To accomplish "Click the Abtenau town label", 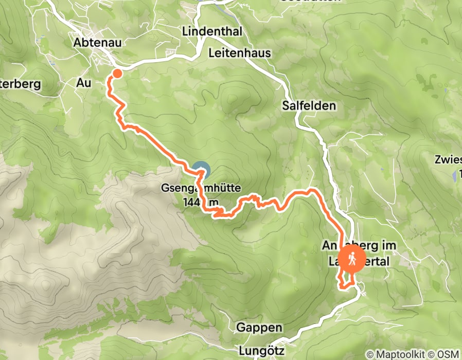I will tap(97, 43).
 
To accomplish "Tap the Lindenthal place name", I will tap(212, 31).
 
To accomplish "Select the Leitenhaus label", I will tap(240, 53).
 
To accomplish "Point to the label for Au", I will tap(83, 82).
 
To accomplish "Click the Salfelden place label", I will tap(309, 106).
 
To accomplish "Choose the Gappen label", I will tap(259, 328).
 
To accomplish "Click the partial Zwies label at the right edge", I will tap(447, 159).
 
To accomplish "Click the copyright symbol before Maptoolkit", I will tap(370, 354).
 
